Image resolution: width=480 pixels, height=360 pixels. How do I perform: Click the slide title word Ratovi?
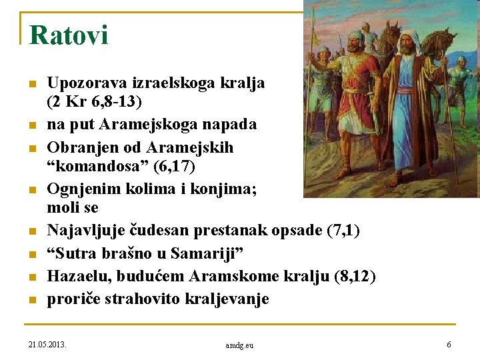coord(69,35)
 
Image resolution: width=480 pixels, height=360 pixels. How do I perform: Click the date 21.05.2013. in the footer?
coord(51,344)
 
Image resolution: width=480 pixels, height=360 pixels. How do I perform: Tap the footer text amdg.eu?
coord(240,345)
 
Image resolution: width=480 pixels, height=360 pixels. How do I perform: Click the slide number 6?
coord(449,344)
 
